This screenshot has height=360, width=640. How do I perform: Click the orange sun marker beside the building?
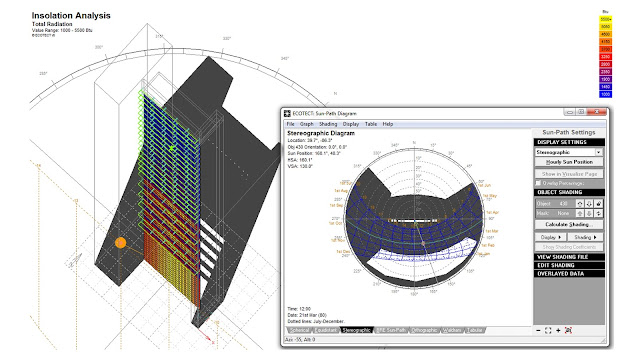click(120, 242)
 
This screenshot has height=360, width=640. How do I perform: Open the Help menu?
click(387, 124)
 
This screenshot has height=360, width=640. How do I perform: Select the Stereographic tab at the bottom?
click(357, 329)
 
